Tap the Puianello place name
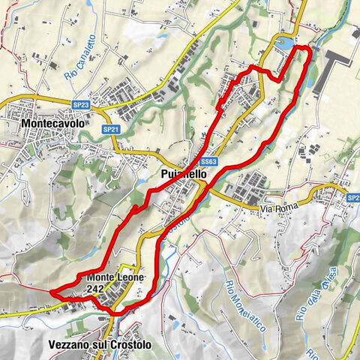[182, 173]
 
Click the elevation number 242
[95, 287]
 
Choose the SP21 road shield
[111, 129]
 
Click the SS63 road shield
[209, 161]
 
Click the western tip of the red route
[50, 292]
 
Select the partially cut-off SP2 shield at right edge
[353, 197]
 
